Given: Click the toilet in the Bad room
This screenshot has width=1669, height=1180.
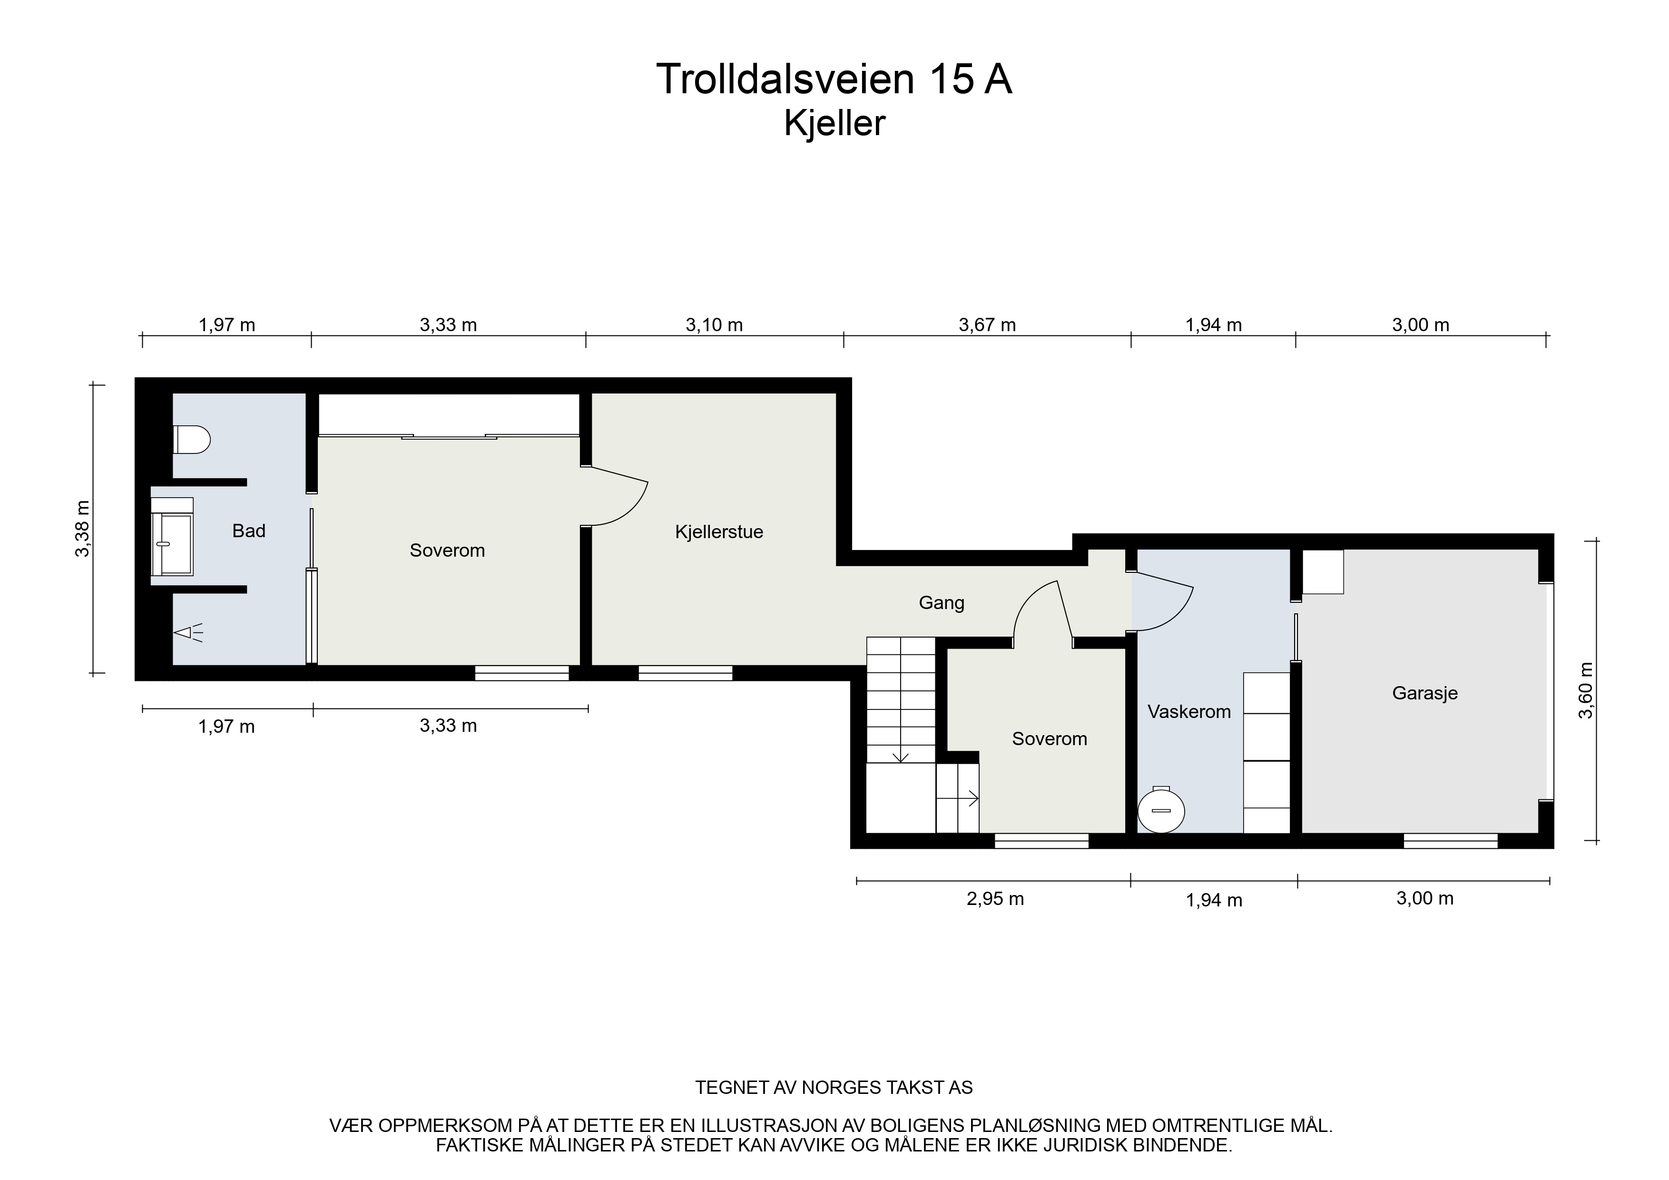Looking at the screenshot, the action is (x=192, y=440).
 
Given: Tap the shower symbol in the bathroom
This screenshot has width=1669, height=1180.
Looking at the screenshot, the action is (x=187, y=632).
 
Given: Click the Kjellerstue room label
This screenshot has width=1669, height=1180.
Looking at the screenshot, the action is (x=719, y=532).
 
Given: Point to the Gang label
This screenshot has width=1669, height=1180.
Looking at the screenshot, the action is (x=942, y=603).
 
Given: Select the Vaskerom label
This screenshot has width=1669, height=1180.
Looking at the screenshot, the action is (x=1189, y=712).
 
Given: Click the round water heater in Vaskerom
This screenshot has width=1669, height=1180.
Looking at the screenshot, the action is (x=1162, y=810).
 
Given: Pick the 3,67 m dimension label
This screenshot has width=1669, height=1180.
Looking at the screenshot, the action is (x=987, y=325).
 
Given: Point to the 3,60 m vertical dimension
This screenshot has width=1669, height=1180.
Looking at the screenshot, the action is (x=1585, y=690).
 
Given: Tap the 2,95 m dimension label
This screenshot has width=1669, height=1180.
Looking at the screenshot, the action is (x=995, y=899).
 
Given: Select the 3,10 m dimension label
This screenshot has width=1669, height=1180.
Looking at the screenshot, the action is (x=715, y=325).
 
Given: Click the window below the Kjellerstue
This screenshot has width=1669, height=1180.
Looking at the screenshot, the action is (x=686, y=673).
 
